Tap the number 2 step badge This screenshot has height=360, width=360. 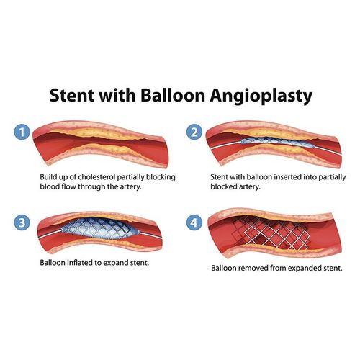pyautogui.click(x=194, y=132)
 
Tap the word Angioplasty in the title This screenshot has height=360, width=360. pyautogui.click(x=261, y=95)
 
